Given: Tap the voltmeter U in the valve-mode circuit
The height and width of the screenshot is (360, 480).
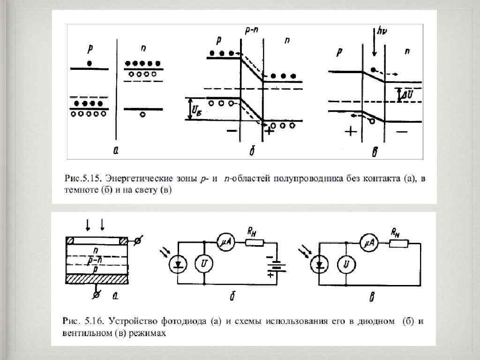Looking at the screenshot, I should pyautogui.click(x=346, y=265).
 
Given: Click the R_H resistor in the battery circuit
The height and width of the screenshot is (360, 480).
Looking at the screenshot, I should pyautogui.click(x=255, y=242).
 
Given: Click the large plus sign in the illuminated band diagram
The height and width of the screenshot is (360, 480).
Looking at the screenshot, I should pyautogui.click(x=350, y=132).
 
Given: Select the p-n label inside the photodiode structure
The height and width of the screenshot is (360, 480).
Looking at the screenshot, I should pyautogui.click(x=96, y=259).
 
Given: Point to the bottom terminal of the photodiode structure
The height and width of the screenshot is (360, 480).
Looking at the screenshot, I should pyautogui.click(x=96, y=295).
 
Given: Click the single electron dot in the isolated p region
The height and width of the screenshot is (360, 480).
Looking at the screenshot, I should pyautogui.click(x=89, y=62).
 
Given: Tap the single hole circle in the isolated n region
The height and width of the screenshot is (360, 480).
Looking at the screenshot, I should pyautogui.click(x=143, y=114).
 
